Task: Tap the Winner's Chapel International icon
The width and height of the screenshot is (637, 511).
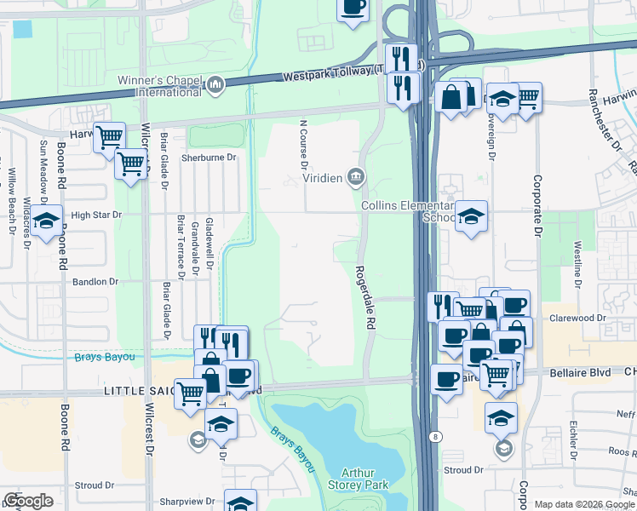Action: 216,84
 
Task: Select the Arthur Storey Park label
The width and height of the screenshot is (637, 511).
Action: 364,479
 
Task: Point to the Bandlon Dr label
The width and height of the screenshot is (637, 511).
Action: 95,281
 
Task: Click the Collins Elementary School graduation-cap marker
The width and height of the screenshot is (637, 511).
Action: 470,216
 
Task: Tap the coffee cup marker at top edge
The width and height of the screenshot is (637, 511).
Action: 353,8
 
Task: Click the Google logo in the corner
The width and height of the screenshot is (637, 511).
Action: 28,501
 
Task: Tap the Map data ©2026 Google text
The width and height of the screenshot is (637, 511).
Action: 583,504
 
